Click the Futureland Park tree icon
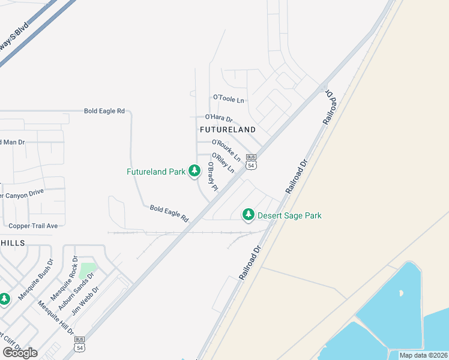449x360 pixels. click(194, 172)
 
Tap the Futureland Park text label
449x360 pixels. click(156, 172)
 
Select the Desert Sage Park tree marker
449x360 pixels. click(247, 215)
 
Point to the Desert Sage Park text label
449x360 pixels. click(289, 215)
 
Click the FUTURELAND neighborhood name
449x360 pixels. click(228, 130)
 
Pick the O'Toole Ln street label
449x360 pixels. click(229, 98)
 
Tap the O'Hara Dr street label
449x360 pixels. click(218, 118)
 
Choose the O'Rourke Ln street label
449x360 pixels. click(226, 150)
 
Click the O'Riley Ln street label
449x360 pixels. click(223, 163)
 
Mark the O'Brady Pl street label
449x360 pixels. click(212, 176)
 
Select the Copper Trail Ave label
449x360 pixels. click(33, 226)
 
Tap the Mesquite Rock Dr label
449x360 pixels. click(64, 278)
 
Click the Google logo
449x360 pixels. click(19, 352)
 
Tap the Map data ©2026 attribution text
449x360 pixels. click(423, 355)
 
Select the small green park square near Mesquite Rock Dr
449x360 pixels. click(88, 271)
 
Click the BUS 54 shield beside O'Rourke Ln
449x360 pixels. click(252, 160)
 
